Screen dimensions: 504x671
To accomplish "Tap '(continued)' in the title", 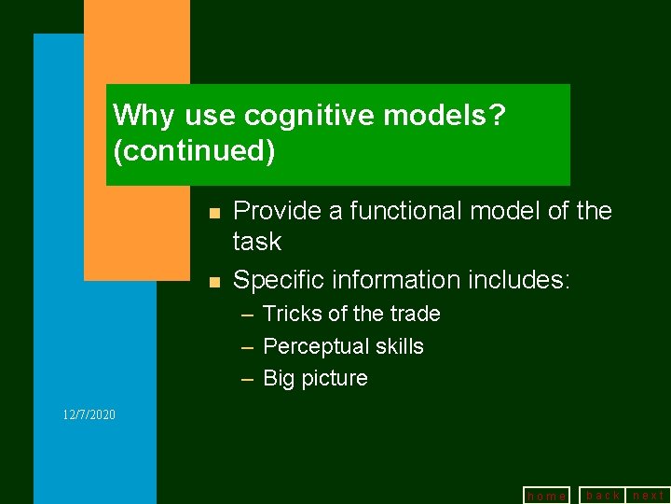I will click(x=194, y=150).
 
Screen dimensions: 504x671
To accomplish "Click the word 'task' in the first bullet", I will click(x=256, y=242).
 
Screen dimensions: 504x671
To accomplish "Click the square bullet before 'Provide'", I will click(x=213, y=214).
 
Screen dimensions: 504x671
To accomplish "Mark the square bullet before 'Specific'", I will click(x=213, y=282).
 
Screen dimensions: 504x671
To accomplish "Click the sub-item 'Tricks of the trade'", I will click(x=351, y=314).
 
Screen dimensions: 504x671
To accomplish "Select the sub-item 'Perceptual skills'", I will click(x=343, y=346).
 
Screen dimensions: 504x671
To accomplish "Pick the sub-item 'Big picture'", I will click(x=315, y=378).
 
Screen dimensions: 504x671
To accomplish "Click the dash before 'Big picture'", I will click(x=248, y=378).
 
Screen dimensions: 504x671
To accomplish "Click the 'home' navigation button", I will click(x=546, y=496).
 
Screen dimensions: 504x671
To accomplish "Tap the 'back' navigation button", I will click(x=602, y=495).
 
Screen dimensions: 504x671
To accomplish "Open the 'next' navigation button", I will click(x=649, y=495).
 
